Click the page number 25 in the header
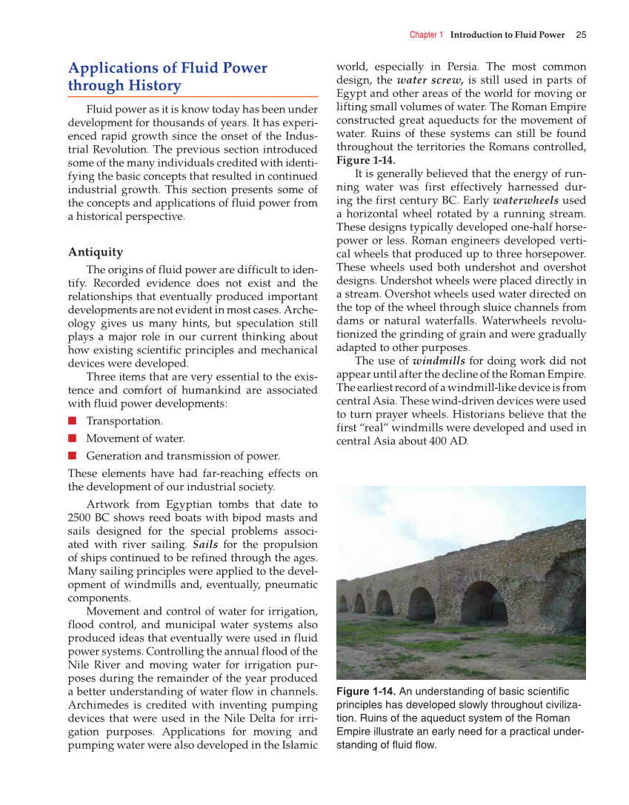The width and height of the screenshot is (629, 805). coord(581,35)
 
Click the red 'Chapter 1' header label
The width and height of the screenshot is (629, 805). coord(426,35)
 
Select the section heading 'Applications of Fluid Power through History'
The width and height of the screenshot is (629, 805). coord(167,77)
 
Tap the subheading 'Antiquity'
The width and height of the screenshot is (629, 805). coord(96,252)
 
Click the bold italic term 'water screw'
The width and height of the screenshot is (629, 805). coord(430,80)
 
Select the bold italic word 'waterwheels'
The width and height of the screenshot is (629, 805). coord(525,200)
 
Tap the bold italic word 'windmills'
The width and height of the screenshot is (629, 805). coord(439,361)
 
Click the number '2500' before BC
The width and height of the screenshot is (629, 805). coord(81,518)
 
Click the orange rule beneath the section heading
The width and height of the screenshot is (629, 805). coord(193,97)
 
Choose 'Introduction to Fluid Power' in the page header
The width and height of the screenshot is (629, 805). coord(507,35)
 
